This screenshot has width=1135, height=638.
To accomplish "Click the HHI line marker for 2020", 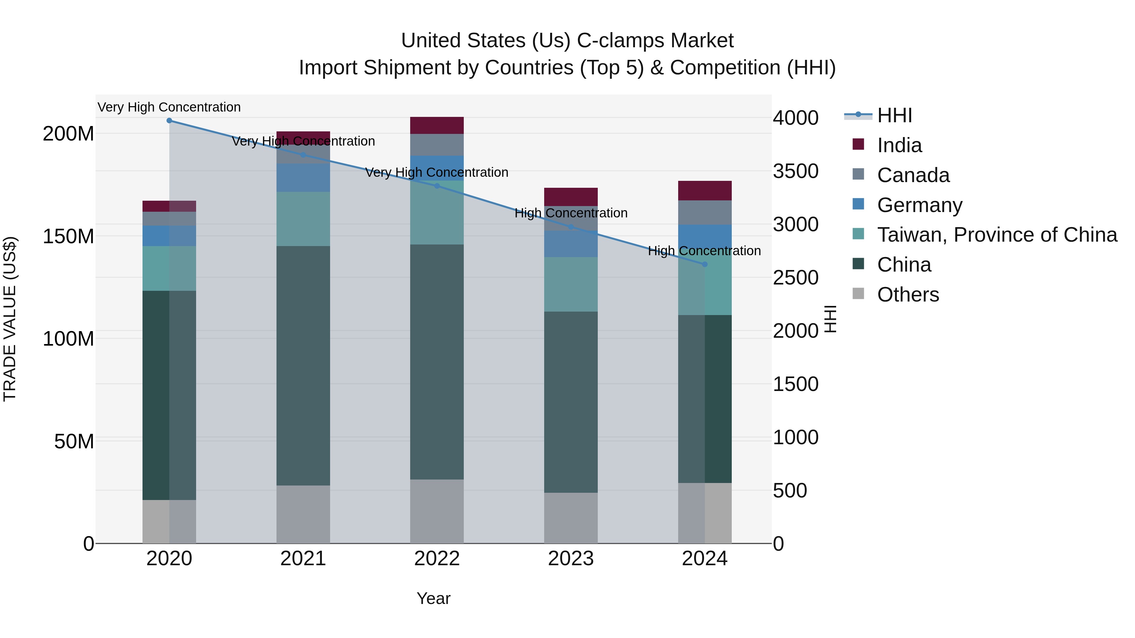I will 169,121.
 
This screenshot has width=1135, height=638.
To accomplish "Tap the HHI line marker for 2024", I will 705,264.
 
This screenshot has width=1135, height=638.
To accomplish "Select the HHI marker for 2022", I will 437,186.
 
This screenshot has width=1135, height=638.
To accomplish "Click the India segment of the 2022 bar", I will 437,125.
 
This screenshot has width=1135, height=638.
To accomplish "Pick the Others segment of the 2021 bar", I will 303,514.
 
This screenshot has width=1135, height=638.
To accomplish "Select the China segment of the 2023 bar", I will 571,402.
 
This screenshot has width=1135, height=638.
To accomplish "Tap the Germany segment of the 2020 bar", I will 169,236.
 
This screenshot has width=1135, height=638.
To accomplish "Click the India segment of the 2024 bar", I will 705,191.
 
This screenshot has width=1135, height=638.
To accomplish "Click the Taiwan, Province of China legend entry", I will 997,235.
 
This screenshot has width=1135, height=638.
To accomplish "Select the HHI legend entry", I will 894,115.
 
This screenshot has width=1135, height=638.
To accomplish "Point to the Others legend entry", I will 908,295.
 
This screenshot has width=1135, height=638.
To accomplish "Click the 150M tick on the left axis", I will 68,236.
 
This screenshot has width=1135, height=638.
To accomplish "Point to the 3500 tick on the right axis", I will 796,171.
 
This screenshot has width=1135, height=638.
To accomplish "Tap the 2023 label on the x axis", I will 571,559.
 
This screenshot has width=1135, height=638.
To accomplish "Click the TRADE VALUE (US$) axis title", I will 10,319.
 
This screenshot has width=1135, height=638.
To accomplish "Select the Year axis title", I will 434,598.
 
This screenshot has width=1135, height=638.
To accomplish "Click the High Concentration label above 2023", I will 571,213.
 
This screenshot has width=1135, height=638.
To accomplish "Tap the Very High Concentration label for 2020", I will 169,107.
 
